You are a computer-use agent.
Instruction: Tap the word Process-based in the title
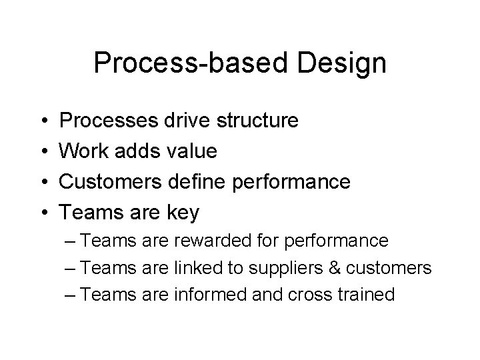190,63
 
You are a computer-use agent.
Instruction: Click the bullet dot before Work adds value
42,152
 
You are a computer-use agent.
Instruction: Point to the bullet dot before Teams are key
42,213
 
